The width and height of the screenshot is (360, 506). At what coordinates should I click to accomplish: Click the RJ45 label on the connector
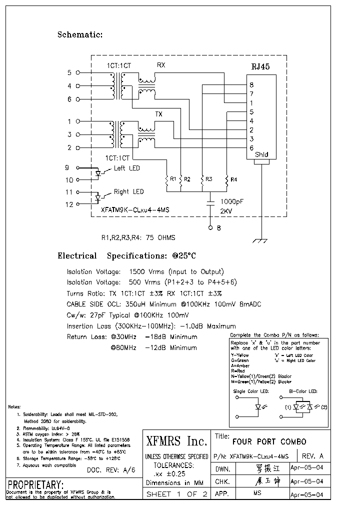(261, 67)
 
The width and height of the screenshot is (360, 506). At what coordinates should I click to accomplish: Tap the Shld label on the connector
(261, 155)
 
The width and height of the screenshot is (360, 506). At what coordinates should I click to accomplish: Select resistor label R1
(173, 178)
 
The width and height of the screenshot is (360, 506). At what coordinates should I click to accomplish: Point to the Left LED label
(127, 168)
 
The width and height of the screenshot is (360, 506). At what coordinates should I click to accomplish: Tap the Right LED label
(128, 191)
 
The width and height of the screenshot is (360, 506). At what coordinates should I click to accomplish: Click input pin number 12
(69, 204)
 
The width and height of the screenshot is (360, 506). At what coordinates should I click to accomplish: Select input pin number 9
(67, 167)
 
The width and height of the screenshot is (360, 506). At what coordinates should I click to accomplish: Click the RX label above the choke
(161, 65)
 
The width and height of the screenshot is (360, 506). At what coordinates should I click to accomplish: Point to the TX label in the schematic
(158, 114)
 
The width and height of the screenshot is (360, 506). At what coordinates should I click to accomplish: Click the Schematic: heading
(80, 34)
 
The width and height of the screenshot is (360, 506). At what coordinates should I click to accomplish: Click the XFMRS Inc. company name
(176, 441)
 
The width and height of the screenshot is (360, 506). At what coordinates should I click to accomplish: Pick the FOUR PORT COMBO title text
(269, 441)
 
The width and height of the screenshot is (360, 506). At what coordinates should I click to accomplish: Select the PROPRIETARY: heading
(35, 484)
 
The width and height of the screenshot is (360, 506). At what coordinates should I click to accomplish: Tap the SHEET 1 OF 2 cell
(176, 494)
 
